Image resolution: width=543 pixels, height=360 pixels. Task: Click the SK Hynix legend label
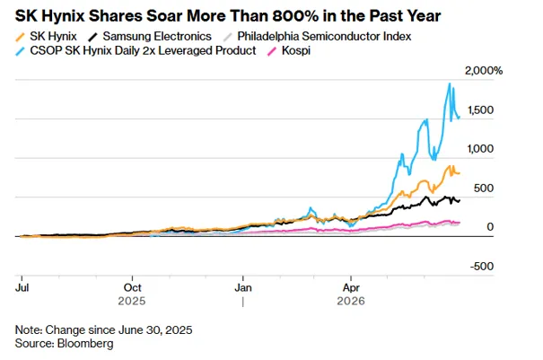coord(53,37)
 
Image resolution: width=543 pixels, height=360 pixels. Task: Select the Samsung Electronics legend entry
coord(157,37)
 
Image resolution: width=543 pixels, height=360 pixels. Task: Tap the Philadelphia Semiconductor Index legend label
coord(324,37)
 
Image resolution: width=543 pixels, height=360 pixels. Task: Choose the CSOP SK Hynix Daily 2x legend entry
coord(143,50)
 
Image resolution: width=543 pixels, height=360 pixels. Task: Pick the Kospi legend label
coord(296,50)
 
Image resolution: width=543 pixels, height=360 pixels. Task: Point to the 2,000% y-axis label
coord(484,71)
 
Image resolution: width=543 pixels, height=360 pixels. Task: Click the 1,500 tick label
coord(480,110)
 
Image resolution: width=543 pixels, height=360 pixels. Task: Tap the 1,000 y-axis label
coord(480,149)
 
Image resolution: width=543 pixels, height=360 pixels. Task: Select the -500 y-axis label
coord(482,266)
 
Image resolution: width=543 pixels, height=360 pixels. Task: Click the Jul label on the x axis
coord(22,287)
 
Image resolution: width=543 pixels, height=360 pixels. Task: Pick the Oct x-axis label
coord(132,287)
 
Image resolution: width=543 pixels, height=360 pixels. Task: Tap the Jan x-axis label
coord(243,287)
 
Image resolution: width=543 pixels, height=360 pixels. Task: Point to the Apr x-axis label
coord(351,287)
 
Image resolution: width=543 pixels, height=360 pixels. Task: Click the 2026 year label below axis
coord(351,301)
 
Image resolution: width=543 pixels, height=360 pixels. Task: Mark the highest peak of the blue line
coord(450,83)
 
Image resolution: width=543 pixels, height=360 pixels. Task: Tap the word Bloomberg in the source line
coord(85,343)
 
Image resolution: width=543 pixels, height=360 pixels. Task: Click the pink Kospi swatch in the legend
coord(272,51)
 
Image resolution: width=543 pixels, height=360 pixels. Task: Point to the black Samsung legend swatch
coord(93,37)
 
